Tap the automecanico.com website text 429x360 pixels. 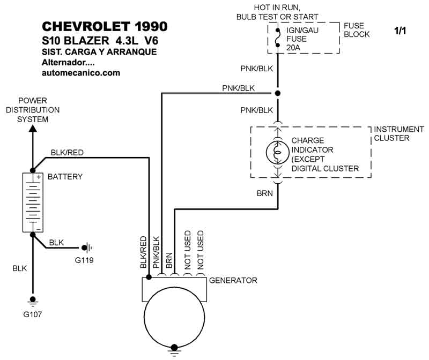tap(80, 72)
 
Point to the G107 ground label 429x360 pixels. tap(33, 314)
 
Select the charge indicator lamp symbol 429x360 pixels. tap(277, 152)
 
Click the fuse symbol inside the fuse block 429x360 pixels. tap(277, 39)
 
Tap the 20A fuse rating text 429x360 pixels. tap(294, 47)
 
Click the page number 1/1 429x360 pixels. tap(400, 31)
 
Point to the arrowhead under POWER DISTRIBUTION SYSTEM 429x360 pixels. tap(33, 128)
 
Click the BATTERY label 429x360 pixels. tap(65, 177)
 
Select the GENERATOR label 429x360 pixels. tap(233, 280)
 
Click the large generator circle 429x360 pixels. tap(174, 321)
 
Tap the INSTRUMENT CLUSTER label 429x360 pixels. tap(398, 133)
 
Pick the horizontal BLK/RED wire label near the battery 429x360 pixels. tap(67, 153)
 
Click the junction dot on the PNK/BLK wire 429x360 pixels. tap(277, 93)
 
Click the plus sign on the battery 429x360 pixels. tap(39, 177)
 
